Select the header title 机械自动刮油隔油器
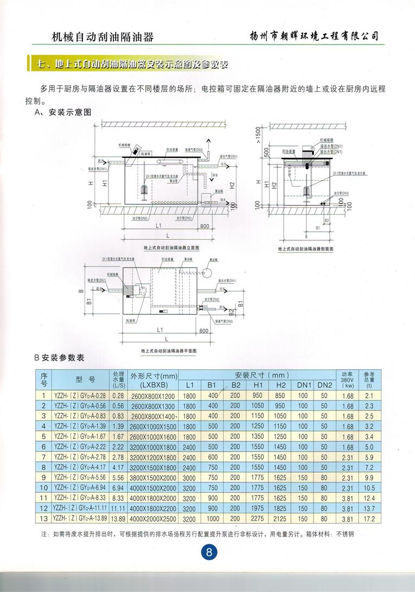click(102, 37)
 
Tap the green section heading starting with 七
click(130, 64)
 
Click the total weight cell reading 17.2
click(369, 519)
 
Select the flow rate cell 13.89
click(118, 519)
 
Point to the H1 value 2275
click(258, 519)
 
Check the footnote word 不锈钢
click(344, 534)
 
